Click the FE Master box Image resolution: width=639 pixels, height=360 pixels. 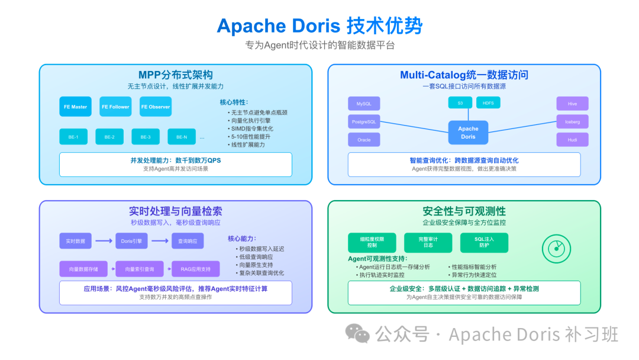[x=75, y=107]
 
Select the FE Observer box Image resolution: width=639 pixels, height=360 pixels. [x=156, y=107]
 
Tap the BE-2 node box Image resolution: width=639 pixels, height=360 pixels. [x=109, y=137]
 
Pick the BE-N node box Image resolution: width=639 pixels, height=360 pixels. [x=182, y=137]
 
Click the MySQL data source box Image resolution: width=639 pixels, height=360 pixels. [x=364, y=104]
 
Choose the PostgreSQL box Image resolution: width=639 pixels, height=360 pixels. [x=364, y=122]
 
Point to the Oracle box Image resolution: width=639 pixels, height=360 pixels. [x=364, y=140]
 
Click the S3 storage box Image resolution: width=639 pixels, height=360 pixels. [x=460, y=103]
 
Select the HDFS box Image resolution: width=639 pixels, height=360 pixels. [x=488, y=103]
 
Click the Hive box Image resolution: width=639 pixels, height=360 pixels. [x=572, y=104]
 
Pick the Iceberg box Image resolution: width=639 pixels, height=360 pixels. [x=572, y=122]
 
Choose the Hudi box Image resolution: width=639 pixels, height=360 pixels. [x=572, y=140]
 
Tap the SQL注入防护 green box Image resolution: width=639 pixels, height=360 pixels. [x=484, y=243]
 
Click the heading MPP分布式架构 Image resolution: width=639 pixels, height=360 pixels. [x=176, y=75]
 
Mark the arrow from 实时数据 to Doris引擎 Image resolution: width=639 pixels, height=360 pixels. [x=104, y=241]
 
